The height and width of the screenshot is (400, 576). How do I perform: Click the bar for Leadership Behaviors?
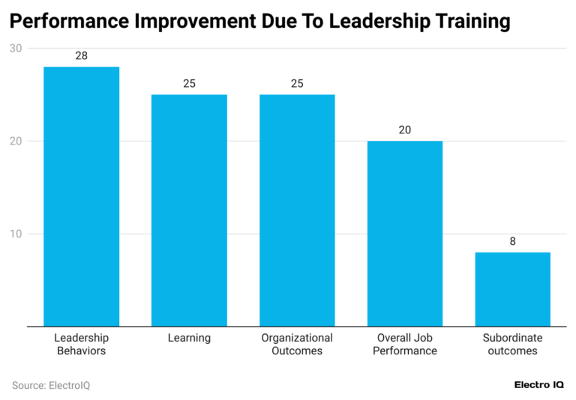click(x=81, y=196)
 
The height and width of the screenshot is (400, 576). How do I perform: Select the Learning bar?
click(x=189, y=210)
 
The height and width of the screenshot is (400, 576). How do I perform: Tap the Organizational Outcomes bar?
click(x=297, y=210)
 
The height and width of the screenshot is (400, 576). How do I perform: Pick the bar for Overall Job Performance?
click(x=405, y=234)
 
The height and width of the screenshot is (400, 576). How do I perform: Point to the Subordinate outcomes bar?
click(x=513, y=289)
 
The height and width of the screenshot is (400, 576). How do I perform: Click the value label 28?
click(x=81, y=56)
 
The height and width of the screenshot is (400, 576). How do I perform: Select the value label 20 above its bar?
click(x=405, y=130)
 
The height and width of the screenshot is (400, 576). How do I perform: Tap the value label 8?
click(x=513, y=241)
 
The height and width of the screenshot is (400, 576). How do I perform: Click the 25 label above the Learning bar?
click(x=189, y=84)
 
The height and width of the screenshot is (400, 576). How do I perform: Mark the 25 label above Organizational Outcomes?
click(x=297, y=84)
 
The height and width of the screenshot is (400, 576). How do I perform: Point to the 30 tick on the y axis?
click(x=15, y=49)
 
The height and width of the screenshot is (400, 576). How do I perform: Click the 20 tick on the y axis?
click(x=15, y=142)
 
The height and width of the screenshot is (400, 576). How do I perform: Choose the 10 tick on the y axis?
click(x=15, y=234)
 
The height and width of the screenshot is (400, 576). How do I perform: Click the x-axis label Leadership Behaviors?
click(x=81, y=344)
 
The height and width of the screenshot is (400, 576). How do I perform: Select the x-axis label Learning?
click(x=189, y=338)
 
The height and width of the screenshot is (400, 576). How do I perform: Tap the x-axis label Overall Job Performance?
click(x=405, y=344)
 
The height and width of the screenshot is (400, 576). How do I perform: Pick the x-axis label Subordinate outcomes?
click(x=513, y=344)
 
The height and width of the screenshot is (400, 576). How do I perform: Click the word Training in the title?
click(x=465, y=22)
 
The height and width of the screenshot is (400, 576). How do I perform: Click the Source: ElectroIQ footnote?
click(x=51, y=385)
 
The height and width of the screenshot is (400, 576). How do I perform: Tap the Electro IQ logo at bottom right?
click(x=538, y=384)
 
